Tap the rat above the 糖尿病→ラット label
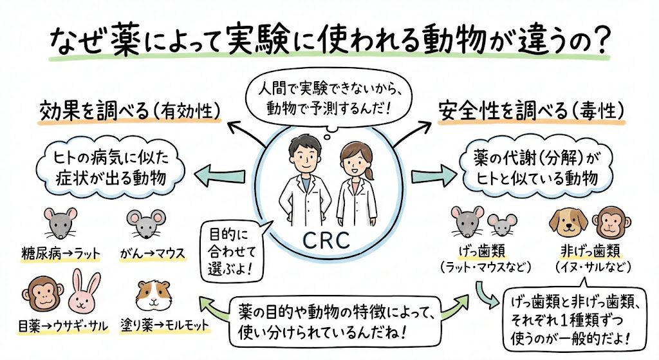[60, 224]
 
